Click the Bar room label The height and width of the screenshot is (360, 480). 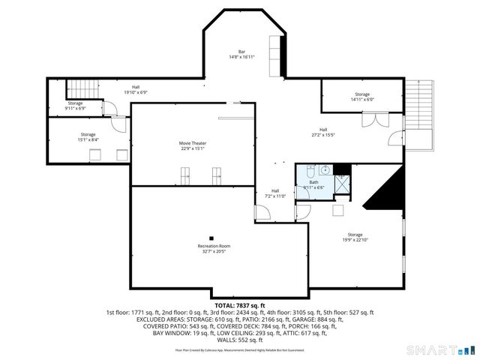[x=241, y=52]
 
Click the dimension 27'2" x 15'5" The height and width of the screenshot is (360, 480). [x=323, y=135]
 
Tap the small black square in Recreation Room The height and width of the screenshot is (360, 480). [x=212, y=238]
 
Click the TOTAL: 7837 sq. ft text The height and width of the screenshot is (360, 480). [x=240, y=305]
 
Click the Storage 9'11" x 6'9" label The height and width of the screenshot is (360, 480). [x=76, y=106]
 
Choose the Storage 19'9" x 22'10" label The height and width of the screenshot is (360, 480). [x=355, y=238]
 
